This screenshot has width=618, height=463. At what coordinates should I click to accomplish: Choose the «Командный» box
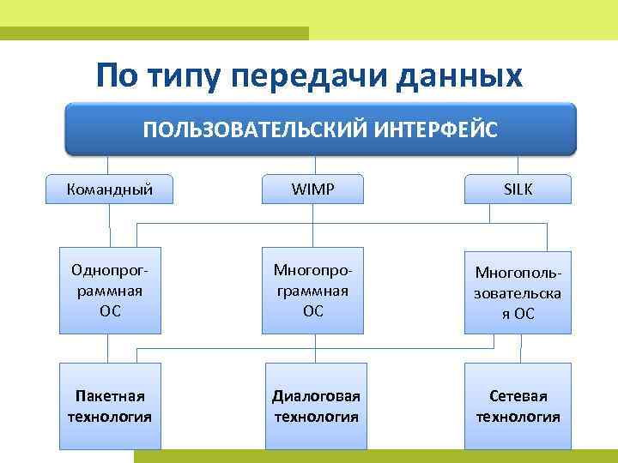[110, 189]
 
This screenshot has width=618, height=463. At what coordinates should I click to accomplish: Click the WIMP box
[312, 189]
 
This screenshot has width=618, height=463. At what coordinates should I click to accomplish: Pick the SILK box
[518, 189]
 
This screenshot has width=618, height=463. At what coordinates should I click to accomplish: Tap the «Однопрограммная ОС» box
[110, 290]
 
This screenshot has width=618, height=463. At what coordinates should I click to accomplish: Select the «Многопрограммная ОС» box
[312, 290]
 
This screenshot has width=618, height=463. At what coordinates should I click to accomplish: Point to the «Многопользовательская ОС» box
[518, 292]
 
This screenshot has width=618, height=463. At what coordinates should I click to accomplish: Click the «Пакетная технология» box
[110, 406]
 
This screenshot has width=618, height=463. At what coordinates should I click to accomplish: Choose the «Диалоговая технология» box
[314, 406]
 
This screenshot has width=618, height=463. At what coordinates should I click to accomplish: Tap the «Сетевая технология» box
[518, 406]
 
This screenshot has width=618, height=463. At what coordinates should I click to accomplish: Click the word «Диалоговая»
[314, 396]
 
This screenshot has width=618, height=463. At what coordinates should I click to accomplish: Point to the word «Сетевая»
[518, 396]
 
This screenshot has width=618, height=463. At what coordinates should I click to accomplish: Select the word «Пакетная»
[110, 396]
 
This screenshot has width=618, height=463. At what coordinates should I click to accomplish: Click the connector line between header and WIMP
[313, 165]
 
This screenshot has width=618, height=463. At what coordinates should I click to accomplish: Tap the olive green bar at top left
[154, 33]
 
